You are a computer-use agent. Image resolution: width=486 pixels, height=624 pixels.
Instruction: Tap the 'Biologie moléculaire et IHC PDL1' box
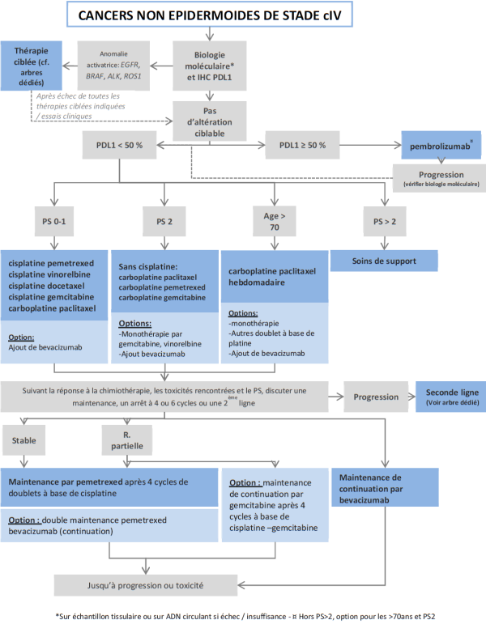click(x=210, y=66)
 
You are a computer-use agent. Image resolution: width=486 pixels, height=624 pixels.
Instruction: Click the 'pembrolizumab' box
click(x=439, y=147)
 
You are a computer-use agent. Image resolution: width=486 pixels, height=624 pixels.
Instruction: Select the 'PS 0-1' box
click(x=54, y=220)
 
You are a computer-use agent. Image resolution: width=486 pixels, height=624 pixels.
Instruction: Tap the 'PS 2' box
click(x=164, y=220)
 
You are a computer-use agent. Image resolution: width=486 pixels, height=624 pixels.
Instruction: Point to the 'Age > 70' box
click(x=272, y=220)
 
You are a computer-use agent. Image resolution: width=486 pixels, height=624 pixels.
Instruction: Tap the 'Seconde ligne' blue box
click(x=448, y=397)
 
